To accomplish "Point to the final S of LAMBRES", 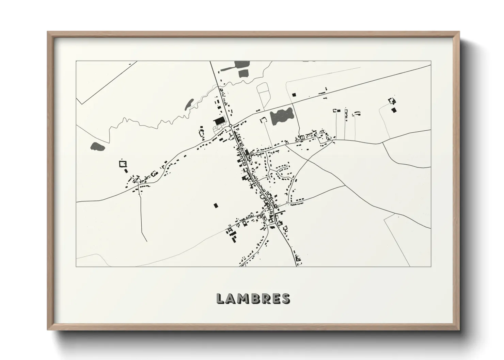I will [285, 298].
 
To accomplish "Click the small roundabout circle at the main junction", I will [231, 126].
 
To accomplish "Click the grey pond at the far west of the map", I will [98, 147].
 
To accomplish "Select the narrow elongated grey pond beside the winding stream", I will [189, 104].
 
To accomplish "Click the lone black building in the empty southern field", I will [215, 205].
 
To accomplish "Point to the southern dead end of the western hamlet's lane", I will [146, 241].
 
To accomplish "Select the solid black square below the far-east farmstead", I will [394, 110].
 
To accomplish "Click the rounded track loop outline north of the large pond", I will [263, 94].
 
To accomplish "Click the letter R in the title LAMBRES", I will [266, 298].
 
